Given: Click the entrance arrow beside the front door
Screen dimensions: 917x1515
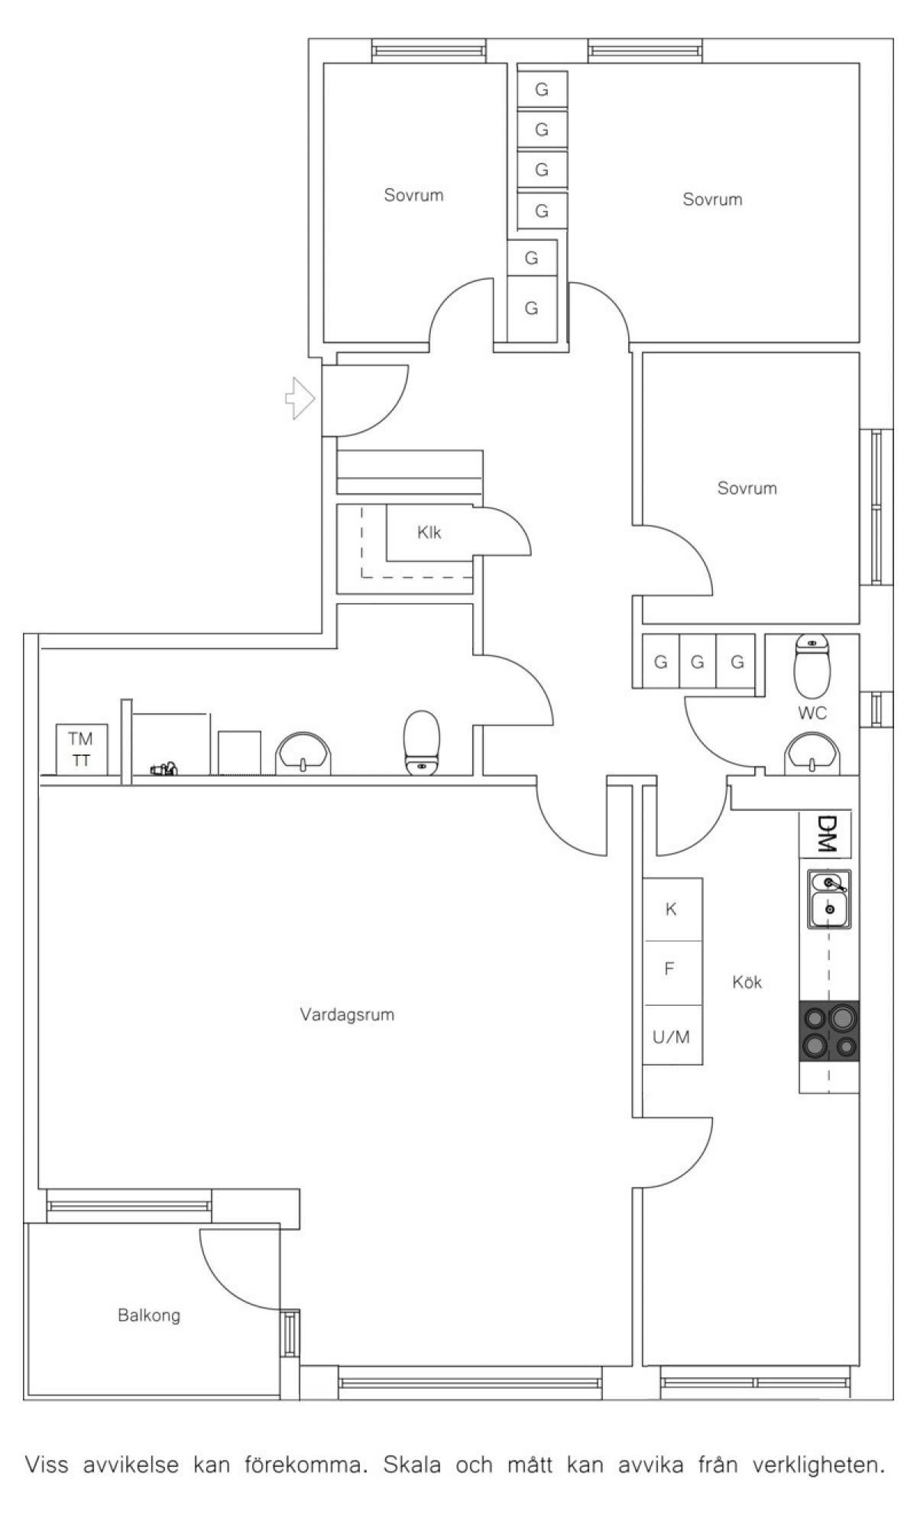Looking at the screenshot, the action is (300, 397).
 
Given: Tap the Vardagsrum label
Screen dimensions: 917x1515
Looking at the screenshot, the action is (347, 1015).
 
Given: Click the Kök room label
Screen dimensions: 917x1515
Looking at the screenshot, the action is (747, 982).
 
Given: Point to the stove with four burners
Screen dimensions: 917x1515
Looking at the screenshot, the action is (829, 1031).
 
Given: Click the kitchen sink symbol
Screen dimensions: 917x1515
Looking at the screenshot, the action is (829, 900).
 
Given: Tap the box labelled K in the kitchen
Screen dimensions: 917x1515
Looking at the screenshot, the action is (672, 909).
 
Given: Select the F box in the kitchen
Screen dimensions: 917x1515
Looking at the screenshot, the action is (672, 972).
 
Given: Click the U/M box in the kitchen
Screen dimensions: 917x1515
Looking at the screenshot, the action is (672, 1036).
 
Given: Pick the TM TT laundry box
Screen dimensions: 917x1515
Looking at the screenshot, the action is (81, 749).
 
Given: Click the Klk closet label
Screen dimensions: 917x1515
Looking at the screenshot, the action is (429, 533).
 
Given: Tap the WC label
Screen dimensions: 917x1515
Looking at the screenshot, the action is (812, 713).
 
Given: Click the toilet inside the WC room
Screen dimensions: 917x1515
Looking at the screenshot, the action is (812, 664).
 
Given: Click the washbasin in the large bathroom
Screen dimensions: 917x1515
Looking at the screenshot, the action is (303, 754).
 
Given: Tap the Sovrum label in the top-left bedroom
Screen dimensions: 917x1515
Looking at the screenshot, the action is (413, 195).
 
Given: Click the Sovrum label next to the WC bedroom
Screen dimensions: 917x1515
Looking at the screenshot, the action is (747, 488).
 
